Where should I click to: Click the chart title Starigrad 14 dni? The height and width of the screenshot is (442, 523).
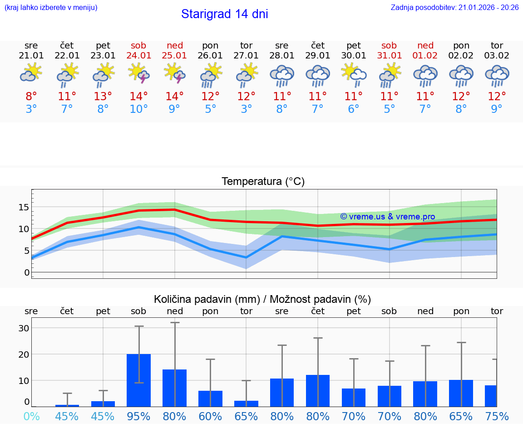(224, 14)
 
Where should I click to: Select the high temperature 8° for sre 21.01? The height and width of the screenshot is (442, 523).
(31, 96)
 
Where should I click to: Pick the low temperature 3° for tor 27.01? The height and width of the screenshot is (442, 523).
(246, 109)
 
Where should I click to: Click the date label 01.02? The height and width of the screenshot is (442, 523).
(425, 55)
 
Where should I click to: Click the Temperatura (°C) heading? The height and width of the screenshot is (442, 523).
(263, 182)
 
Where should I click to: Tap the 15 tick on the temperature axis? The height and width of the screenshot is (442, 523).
(24, 207)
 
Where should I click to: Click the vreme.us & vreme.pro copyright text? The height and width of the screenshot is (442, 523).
(387, 217)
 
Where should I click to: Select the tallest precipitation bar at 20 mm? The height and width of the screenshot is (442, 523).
(138, 380)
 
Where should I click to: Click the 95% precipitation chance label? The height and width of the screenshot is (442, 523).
(138, 416)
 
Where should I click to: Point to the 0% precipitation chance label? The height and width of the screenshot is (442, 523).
(31, 416)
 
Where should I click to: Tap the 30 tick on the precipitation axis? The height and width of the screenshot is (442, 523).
(24, 328)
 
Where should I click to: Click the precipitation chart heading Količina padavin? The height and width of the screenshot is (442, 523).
(262, 299)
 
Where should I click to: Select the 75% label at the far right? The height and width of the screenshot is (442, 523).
(497, 416)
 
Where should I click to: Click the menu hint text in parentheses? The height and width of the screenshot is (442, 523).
(51, 8)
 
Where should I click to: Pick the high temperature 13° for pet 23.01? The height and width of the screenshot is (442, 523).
(103, 96)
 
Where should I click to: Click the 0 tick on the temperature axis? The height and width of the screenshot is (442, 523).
(26, 272)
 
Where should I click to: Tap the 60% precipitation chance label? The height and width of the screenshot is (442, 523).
(210, 416)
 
